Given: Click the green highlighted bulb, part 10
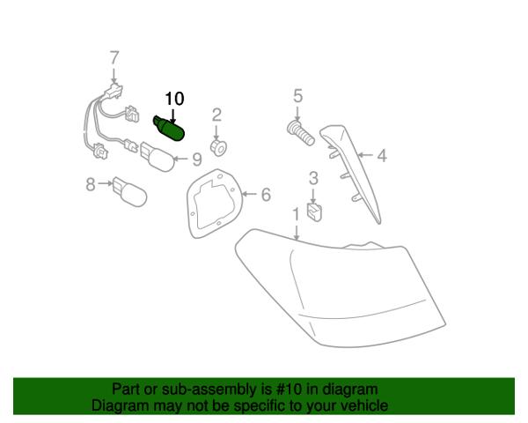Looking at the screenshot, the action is pos(169,129).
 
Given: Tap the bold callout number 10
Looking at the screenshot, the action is pos(174,99).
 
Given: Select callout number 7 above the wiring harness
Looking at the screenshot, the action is pos(114,58).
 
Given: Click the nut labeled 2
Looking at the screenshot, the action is pos(218,147).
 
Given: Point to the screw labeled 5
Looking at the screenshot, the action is pos(300,132).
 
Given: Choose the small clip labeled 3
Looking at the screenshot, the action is pos(314,212).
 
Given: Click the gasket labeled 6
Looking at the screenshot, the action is pos(215,203).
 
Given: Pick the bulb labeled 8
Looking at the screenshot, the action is pos(130,191).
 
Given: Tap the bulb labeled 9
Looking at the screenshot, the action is pos(158,157).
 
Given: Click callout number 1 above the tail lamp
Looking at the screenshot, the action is pos(296,214).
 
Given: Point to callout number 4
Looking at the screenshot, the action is pos(382,155).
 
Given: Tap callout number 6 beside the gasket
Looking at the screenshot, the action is pos(266,194).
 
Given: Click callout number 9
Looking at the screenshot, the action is pos(196,160).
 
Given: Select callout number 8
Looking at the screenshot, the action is pos(91,184).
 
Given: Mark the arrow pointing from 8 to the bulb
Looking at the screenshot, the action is pos(105,183).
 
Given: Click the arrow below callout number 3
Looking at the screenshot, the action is pos(313,196).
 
